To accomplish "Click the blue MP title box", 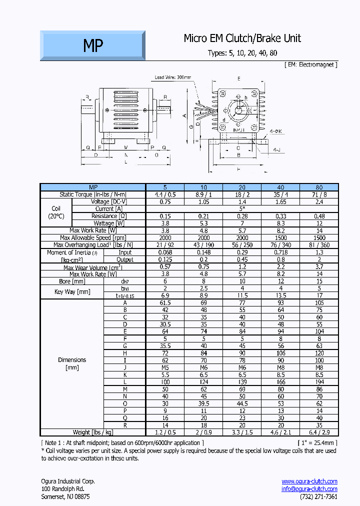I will (x=93, y=46).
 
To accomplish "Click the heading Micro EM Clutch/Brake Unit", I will (x=242, y=38).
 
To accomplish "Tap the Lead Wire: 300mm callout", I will (x=173, y=77).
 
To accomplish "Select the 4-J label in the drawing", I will (x=276, y=149).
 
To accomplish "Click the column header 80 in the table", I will (x=319, y=187).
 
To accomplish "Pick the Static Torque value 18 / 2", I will (x=241, y=194).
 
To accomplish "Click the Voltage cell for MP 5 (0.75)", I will (x=165, y=201).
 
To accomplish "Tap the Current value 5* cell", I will (x=241, y=208).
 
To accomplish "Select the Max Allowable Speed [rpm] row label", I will (x=92, y=238).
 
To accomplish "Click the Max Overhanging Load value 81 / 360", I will (x=319, y=245).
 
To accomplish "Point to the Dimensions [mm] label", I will (x=72, y=363).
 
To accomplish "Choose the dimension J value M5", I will (x=165, y=367).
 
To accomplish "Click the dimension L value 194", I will (x=319, y=381).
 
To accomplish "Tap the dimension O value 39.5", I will (x=203, y=403).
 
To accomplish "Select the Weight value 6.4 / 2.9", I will (x=319, y=432).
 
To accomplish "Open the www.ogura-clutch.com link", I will (x=309, y=481).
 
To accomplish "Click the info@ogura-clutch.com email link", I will (x=309, y=489).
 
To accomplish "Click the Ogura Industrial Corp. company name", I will (x=67, y=481).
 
